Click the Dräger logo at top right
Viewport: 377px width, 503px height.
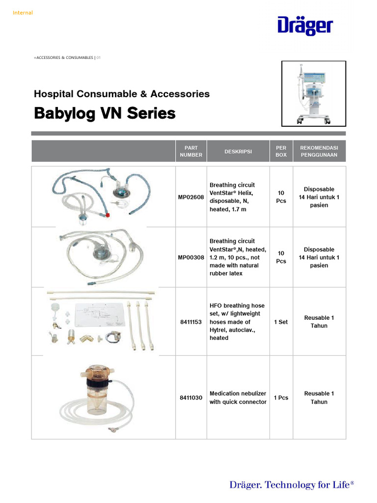tap(305, 26)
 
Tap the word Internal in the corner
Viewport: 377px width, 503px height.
tap(23, 13)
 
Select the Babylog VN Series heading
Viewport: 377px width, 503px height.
tap(104, 113)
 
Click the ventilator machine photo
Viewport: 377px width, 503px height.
tap(313, 93)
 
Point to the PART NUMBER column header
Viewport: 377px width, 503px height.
tap(191, 151)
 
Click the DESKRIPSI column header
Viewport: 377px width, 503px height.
tap(238, 151)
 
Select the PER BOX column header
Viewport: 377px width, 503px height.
tap(281, 151)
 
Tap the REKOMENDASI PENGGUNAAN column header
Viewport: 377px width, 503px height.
tap(319, 151)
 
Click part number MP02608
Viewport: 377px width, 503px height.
tap(191, 197)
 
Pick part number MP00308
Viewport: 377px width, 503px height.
tap(191, 257)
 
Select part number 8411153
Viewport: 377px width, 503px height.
tap(191, 322)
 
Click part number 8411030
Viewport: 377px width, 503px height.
tap(191, 398)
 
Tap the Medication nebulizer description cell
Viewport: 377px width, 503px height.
tap(238, 398)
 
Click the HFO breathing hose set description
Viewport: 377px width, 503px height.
tap(238, 322)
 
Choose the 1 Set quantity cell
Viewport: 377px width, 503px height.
tap(281, 322)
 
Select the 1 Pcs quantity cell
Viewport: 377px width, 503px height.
tap(281, 398)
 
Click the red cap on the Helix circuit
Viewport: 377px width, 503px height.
tap(107, 215)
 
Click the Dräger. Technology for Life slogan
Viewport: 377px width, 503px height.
tap(292, 485)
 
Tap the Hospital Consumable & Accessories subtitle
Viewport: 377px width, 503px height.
tap(121, 93)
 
